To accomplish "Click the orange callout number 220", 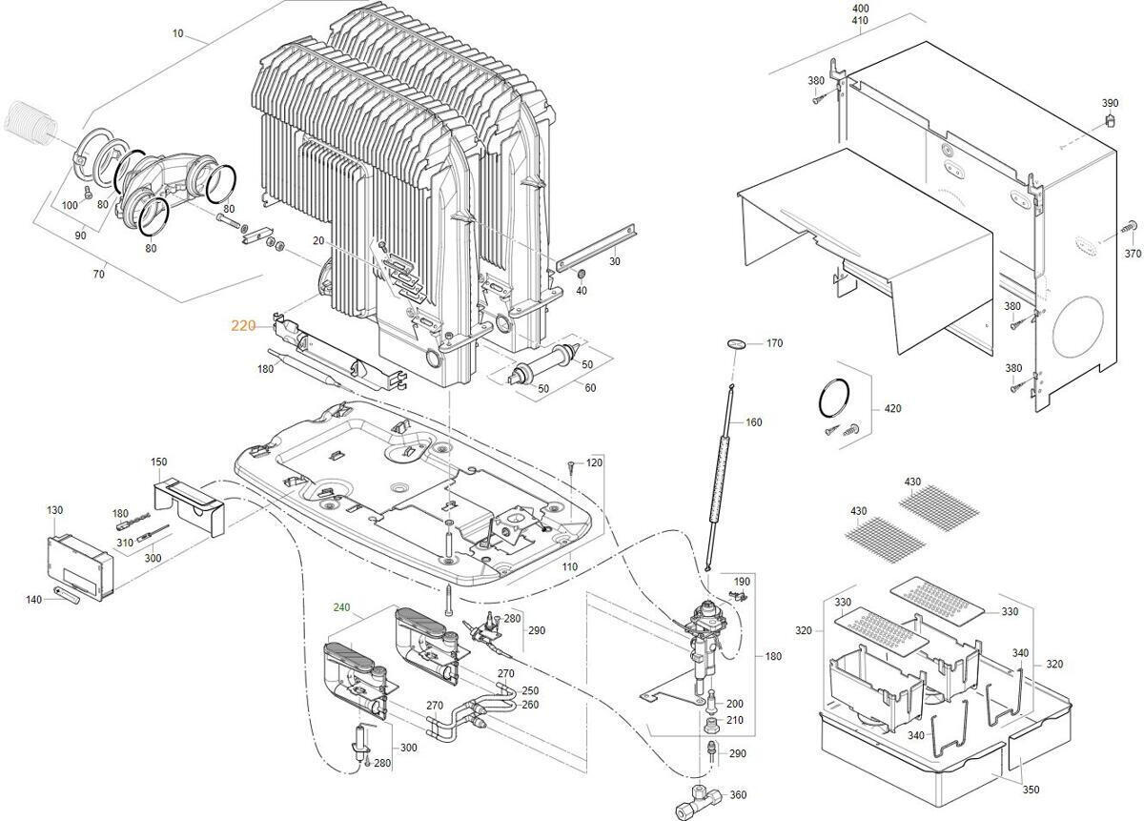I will (x=243, y=325).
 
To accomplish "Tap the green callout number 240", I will (x=342, y=606).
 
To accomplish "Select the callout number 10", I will (x=177, y=34).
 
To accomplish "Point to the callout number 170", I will (x=774, y=342).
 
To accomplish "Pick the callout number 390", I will (x=1110, y=103).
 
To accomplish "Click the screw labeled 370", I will (x=1129, y=227).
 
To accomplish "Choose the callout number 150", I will (x=158, y=462).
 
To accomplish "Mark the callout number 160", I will (x=753, y=422).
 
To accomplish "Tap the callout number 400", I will (x=861, y=8).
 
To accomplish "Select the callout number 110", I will (x=569, y=566).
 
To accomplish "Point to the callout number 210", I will (x=734, y=720).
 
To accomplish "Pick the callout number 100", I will (x=70, y=205).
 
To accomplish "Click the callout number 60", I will (x=590, y=387).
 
